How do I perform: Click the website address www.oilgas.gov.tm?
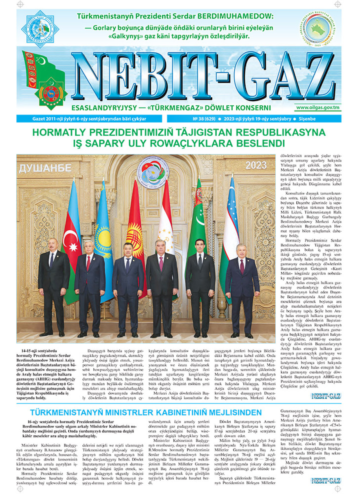pyautogui.click(x=318, y=107)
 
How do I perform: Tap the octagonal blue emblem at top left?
pyautogui.click(x=40, y=29)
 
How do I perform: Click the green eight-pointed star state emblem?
pyautogui.click(x=51, y=93)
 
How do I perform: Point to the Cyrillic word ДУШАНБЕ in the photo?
pyautogui.click(x=45, y=168)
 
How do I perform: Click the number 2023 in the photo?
pyautogui.click(x=256, y=165)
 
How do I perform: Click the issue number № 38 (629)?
pyautogui.click(x=204, y=119)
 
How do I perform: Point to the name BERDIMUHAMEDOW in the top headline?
pyautogui.click(x=235, y=16)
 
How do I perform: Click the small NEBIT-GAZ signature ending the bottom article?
pyautogui.click(x=326, y=481)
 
